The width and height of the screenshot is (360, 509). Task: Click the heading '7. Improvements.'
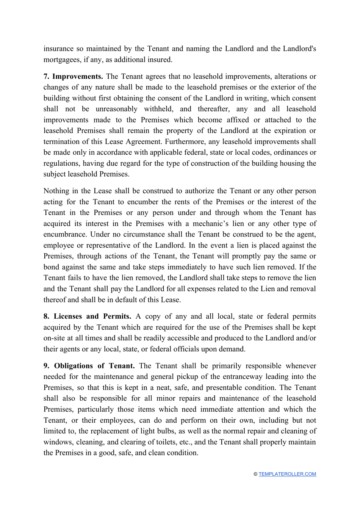(x=73, y=77)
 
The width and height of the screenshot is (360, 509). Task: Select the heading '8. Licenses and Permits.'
(x=87, y=316)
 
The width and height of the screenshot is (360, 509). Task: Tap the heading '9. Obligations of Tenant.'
(x=89, y=366)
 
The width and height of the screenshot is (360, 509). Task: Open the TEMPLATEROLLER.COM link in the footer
(x=287, y=474)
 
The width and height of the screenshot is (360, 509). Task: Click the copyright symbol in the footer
(x=256, y=474)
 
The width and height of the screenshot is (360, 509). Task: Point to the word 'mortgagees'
(x=62, y=60)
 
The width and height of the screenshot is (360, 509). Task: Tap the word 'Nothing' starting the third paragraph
(x=56, y=191)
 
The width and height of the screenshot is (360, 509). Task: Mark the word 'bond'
(x=52, y=267)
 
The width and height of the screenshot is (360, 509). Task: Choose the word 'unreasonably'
(x=116, y=109)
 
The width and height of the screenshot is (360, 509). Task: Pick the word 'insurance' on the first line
(x=58, y=49)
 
